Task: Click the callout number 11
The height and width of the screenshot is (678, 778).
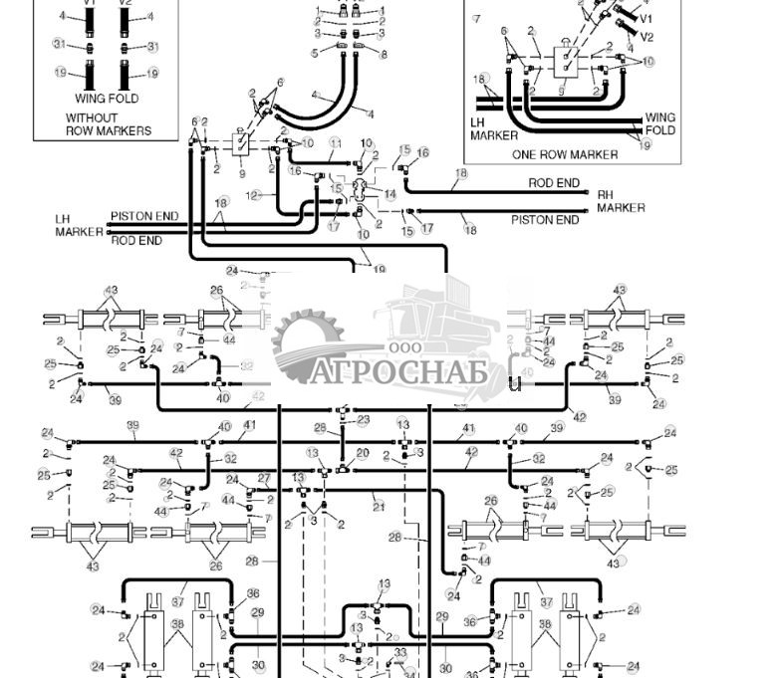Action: pyautogui.click(x=336, y=143)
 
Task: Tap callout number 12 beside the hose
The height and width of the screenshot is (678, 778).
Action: pyautogui.click(x=253, y=195)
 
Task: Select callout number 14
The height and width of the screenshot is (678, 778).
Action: pyautogui.click(x=390, y=194)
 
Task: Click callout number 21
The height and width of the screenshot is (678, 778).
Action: pyautogui.click(x=378, y=506)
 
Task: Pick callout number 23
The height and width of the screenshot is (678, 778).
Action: pyautogui.click(x=364, y=420)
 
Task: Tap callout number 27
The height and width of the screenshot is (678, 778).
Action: pyautogui.click(x=264, y=479)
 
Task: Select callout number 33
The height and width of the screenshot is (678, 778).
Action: pyautogui.click(x=400, y=653)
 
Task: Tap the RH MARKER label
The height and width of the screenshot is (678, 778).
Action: pyautogui.click(x=621, y=201)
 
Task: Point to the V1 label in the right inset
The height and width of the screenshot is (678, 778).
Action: pyautogui.click(x=646, y=19)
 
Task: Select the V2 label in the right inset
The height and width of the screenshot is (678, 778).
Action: pyautogui.click(x=647, y=37)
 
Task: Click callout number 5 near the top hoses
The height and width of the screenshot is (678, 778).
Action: pyautogui.click(x=315, y=53)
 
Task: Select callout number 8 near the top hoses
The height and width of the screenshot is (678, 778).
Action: pyautogui.click(x=384, y=55)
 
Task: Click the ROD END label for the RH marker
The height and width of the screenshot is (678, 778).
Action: pyautogui.click(x=554, y=183)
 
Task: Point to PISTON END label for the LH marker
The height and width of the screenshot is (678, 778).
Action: pyautogui.click(x=144, y=216)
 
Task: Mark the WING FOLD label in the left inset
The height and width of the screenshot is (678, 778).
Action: pyautogui.click(x=107, y=99)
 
